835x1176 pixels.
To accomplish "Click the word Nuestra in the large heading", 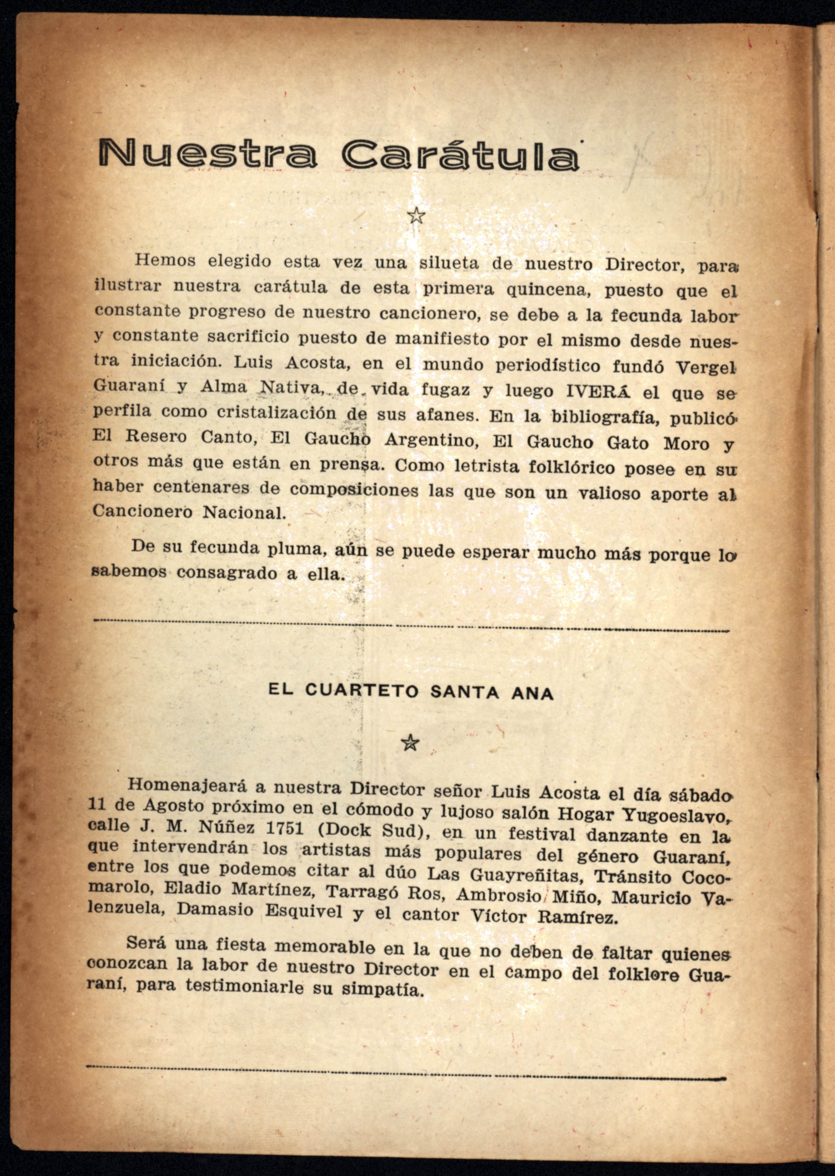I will [x=207, y=153].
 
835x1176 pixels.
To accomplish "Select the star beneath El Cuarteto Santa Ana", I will [x=410, y=742].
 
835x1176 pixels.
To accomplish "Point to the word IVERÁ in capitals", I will [x=597, y=391].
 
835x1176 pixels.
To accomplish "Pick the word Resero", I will [x=156, y=436].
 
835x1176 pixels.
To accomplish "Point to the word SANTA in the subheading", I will [x=457, y=692].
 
